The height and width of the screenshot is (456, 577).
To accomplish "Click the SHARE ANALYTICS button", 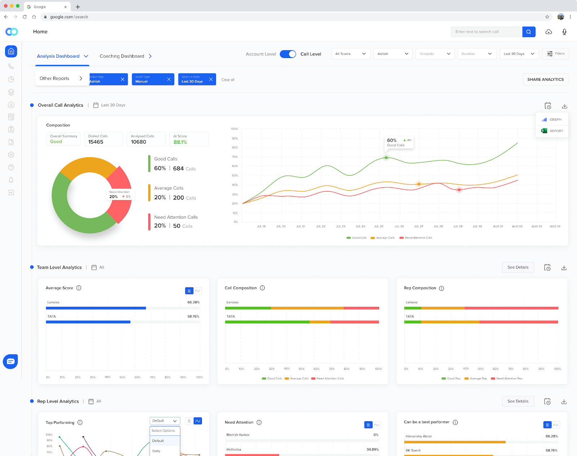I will pos(545,79).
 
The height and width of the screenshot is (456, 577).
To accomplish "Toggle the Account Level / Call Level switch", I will pos(288,54).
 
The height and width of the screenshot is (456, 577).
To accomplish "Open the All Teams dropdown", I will pos(351,54).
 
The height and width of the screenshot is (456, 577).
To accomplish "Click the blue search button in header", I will pos(528,32).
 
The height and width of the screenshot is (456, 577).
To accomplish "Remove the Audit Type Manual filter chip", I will pos(169,79).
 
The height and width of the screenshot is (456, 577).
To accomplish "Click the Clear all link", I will pos(228,80).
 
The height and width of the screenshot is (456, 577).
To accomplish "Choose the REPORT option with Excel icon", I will pos(552,131).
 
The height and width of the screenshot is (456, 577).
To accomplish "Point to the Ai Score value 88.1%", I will pos(180,142).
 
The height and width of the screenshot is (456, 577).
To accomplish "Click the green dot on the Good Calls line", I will pos(386,158).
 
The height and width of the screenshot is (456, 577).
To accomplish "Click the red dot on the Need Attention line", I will pos(459,190).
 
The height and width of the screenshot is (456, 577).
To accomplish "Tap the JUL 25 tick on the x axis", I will pos(379,226).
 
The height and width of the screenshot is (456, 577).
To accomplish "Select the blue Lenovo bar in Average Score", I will pos(96,308).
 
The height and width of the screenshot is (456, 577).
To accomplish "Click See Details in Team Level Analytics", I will pos(517,267).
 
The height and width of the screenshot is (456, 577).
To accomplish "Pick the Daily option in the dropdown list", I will pos(157,451).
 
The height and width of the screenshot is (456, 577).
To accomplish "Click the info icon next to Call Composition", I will pos(262,288).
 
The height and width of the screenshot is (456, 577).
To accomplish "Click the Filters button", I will pos(555,54).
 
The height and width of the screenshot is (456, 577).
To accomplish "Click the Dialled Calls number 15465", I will pos(96,142).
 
